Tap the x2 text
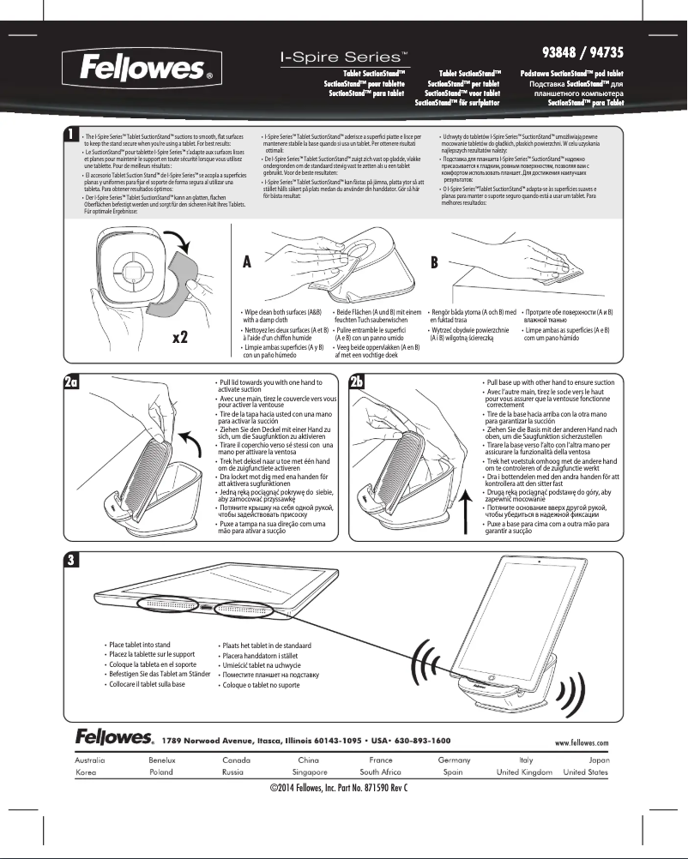pos(182,336)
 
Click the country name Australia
pos(90,760)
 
